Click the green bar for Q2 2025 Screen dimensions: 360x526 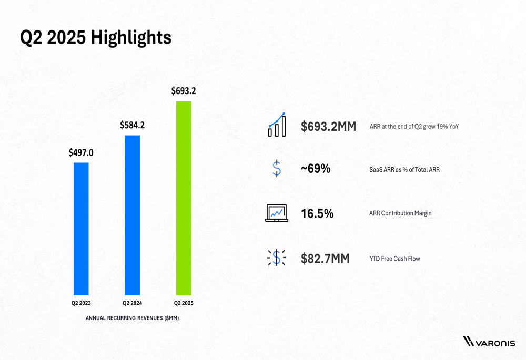(184, 198)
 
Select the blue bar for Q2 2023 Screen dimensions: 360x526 (81, 229)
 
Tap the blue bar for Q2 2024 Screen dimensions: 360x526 (133, 215)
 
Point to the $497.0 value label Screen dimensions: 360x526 (81, 153)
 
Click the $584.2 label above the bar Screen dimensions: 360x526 (132, 125)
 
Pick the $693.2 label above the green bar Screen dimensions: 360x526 (184, 91)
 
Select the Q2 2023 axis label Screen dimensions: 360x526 (81, 303)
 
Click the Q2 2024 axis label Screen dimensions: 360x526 (133, 303)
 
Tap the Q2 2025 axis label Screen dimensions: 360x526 (184, 303)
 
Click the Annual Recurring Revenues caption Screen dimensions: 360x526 (132, 318)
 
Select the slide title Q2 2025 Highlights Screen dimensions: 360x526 (95, 37)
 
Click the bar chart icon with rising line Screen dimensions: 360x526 (277, 125)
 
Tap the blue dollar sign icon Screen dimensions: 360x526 (277, 168)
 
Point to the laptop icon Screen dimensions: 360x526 (277, 213)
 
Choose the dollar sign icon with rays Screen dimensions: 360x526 (277, 258)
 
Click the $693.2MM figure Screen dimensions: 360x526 (328, 127)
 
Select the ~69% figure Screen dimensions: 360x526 (316, 169)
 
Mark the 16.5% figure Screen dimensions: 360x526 (317, 213)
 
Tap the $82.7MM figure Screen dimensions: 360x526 (325, 259)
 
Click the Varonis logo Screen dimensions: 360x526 (489, 342)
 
